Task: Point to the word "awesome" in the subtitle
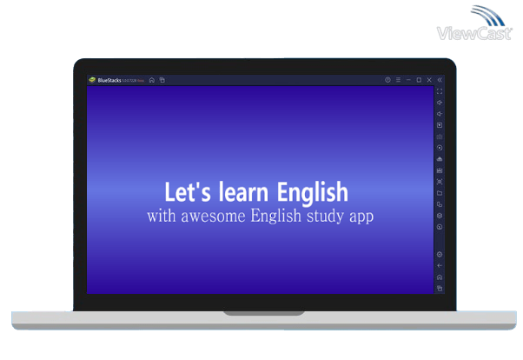point(212,216)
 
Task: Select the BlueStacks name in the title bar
point(110,80)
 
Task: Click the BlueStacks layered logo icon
point(92,80)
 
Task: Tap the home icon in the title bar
point(152,80)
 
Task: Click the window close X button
point(429,80)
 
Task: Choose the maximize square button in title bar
point(419,80)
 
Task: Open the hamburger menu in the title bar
point(398,80)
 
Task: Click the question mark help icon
point(387,80)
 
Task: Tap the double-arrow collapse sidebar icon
point(440,80)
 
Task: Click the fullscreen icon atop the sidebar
point(440,91)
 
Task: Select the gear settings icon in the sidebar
point(440,254)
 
